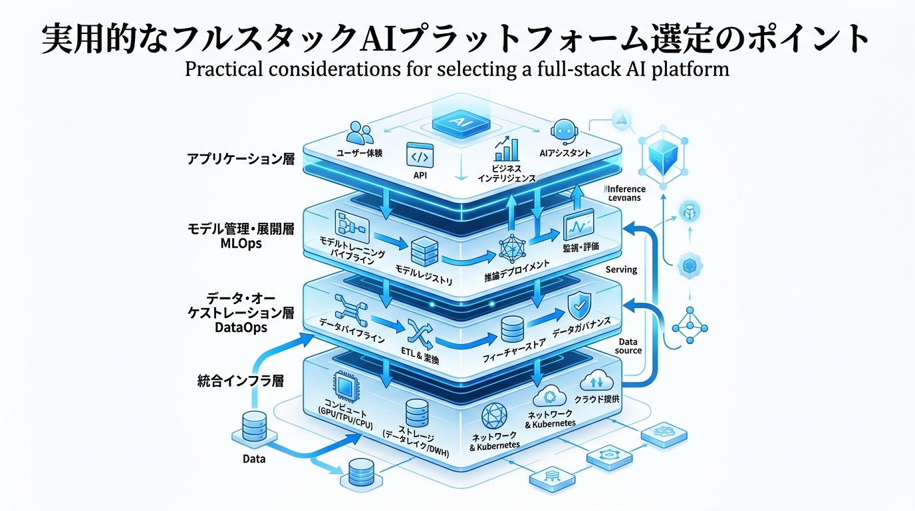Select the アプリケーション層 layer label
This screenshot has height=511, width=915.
coord(240,160)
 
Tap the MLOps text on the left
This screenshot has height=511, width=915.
coord(241,244)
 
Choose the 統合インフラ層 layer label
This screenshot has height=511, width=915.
coord(241,381)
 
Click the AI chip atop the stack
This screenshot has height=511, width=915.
coord(457,123)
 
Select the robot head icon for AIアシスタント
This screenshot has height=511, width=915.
coord(563,130)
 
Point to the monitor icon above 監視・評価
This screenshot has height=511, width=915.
coord(579,227)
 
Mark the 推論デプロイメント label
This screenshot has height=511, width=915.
coord(517,271)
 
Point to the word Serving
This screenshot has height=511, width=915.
coord(621,269)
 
